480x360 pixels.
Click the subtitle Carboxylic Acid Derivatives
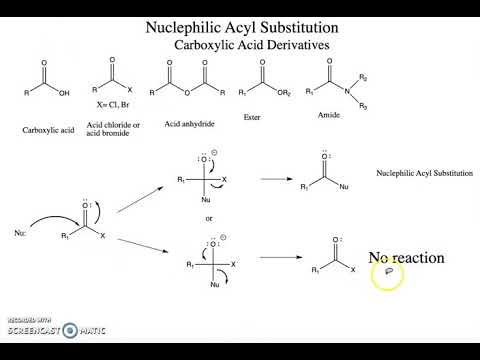(x=249, y=45)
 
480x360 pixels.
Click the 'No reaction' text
(x=406, y=258)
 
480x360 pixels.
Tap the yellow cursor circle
(x=388, y=275)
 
